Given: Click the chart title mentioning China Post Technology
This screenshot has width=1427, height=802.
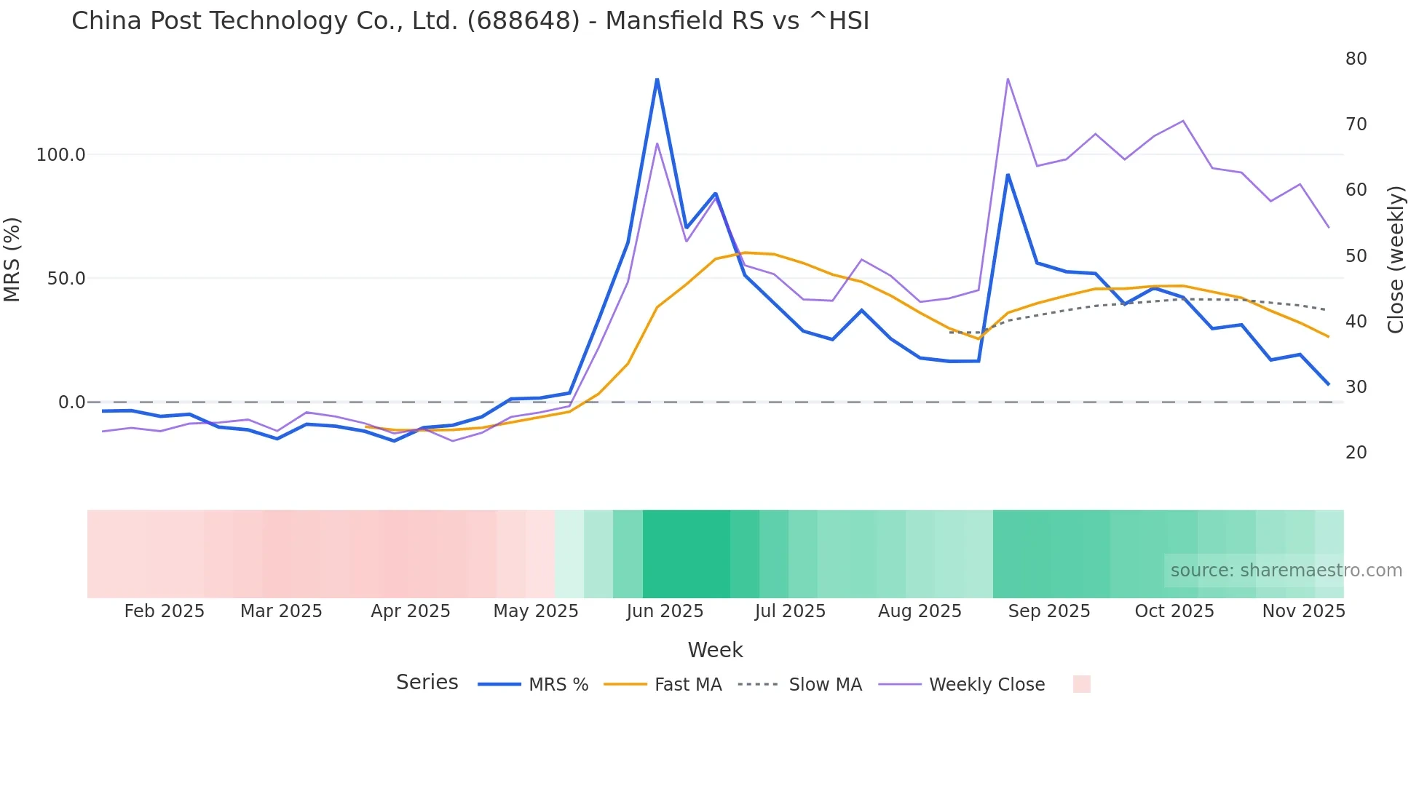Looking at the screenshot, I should [470, 20].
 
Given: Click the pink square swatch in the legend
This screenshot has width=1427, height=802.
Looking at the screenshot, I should [1081, 684].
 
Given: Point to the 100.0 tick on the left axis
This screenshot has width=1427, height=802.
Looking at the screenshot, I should [61, 155].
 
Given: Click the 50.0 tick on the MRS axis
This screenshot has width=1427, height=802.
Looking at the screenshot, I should [66, 279].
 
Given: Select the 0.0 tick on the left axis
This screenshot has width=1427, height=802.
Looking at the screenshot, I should [71, 402].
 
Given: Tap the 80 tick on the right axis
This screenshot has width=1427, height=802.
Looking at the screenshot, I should [1356, 59].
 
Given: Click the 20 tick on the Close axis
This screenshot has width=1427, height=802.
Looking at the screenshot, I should [1356, 453].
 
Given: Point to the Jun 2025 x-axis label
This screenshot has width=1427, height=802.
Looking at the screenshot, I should [665, 611].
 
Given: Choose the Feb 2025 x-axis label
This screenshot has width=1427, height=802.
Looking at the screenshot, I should [165, 611].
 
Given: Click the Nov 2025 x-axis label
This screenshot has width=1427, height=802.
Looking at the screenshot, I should [1303, 611].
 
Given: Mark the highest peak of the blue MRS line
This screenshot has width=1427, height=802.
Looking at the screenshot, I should [657, 79].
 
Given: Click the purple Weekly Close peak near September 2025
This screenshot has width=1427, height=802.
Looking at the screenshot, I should [1008, 79].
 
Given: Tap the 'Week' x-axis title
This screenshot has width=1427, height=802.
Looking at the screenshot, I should [715, 650].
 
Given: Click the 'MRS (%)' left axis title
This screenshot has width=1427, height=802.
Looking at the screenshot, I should [12, 260].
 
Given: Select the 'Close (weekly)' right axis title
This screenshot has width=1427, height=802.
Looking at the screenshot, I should [1395, 260].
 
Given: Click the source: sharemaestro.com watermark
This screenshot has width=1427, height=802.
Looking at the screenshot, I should [1286, 571].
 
